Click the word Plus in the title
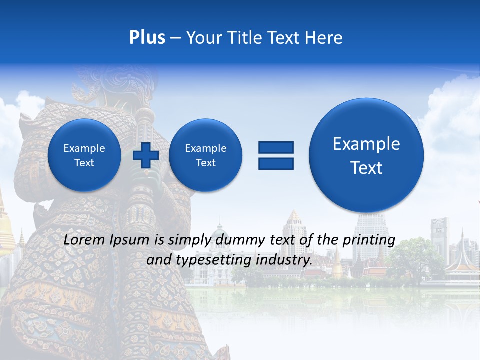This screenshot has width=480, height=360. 147,38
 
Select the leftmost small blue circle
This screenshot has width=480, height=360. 84,155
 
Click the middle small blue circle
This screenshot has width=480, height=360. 205,155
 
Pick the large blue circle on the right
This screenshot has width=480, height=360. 366,155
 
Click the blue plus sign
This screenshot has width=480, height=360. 146,155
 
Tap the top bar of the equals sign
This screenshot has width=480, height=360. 276,147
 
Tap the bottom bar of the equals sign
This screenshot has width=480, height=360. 276,163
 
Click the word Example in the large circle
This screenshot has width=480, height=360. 366,144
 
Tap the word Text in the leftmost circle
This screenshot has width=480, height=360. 84,163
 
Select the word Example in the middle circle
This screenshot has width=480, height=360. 205,148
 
